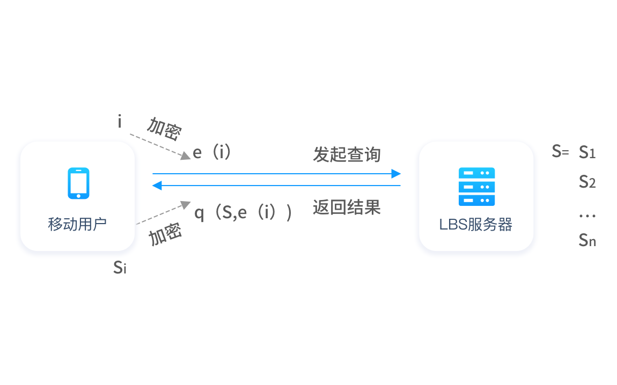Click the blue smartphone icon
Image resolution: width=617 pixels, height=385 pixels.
(x=78, y=183)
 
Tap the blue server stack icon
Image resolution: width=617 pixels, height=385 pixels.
(x=476, y=187)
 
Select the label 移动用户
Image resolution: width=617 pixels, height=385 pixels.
(x=77, y=224)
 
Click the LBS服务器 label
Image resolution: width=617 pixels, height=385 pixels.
(x=476, y=225)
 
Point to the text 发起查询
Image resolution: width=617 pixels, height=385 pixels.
(x=347, y=154)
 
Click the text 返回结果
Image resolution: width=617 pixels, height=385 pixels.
(x=347, y=208)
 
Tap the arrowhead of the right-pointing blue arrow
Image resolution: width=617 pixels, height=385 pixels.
(x=396, y=173)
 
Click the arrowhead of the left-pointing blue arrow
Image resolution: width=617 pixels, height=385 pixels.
(x=157, y=185)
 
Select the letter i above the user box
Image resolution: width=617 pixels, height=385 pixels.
(x=120, y=122)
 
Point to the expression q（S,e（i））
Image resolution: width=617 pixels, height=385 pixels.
(x=243, y=213)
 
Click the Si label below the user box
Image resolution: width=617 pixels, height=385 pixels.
(x=120, y=268)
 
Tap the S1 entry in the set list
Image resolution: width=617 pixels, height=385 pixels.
(x=587, y=152)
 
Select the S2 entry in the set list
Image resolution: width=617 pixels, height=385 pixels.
(x=587, y=182)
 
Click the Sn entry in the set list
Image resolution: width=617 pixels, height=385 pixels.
(x=587, y=240)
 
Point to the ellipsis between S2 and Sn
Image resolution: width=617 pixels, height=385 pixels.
(x=587, y=216)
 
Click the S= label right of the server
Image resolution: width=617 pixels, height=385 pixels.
(x=560, y=151)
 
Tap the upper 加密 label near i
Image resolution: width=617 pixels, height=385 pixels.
(x=165, y=129)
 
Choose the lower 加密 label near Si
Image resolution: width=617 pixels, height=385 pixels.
(x=165, y=234)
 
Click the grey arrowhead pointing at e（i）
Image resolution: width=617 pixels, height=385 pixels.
(x=186, y=156)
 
